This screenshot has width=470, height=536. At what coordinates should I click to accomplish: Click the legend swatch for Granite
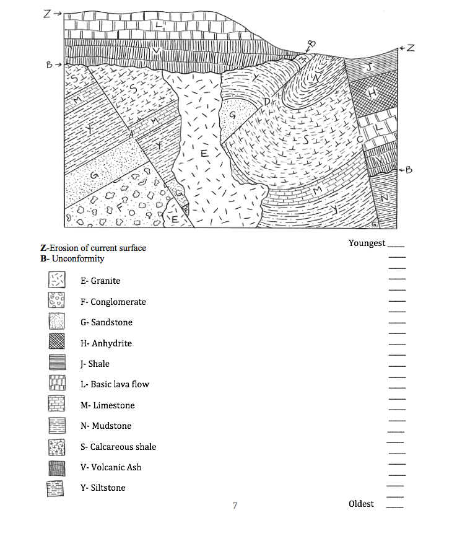(57, 281)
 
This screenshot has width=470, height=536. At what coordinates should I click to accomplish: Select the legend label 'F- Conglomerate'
(113, 302)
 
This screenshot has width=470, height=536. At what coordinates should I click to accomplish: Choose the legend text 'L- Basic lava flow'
(115, 384)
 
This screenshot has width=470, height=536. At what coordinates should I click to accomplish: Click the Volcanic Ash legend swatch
(57, 467)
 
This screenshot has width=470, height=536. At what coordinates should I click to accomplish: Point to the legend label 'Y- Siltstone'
(103, 488)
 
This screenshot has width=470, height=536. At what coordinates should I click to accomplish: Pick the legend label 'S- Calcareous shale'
(118, 447)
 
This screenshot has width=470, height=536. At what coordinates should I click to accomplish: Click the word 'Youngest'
(367, 243)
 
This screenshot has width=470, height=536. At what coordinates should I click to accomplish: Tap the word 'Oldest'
(361, 504)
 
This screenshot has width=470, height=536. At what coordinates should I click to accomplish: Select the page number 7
(235, 506)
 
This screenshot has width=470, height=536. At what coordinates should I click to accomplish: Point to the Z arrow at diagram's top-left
(52, 14)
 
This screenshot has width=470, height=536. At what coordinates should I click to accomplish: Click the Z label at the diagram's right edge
(410, 48)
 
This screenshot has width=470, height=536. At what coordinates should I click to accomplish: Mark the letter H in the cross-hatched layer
(372, 93)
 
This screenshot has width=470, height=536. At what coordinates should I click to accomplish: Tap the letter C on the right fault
(360, 141)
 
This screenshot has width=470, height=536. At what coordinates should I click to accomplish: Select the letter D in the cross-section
(268, 101)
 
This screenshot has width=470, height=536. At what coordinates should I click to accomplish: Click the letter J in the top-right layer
(370, 68)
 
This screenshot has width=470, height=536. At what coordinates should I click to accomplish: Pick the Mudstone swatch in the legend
(57, 426)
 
